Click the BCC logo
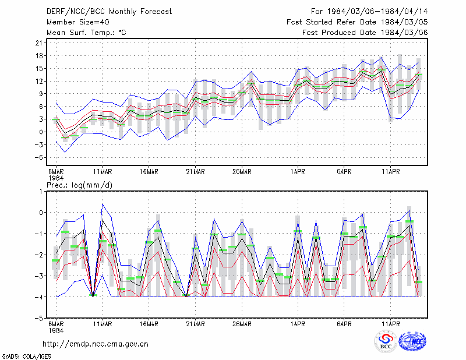coord(386,341)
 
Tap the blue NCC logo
coord(412,341)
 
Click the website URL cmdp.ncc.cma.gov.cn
coord(96,344)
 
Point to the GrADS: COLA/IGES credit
coord(26,357)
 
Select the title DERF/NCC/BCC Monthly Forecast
coord(109,12)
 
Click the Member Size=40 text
coord(78,22)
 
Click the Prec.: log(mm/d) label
coord(79,185)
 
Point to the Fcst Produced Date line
coord(365,33)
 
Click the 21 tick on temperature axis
coord(39,43)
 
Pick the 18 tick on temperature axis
coord(39,56)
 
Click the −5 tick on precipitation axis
coord(39,319)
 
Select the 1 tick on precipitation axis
coord(41,192)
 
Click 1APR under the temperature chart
coord(298,172)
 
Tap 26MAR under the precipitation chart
coord(242,324)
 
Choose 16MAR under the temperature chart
coord(149,172)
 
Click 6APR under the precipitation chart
coord(344,324)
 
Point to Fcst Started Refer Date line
coord(357,22)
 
